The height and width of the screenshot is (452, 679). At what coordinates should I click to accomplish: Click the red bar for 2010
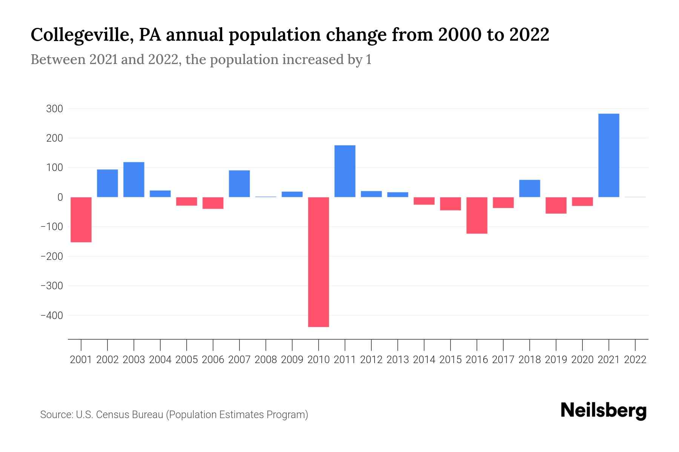(x=318, y=262)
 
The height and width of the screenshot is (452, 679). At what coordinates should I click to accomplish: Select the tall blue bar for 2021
(x=608, y=155)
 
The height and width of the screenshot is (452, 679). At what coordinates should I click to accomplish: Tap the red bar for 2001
(x=81, y=220)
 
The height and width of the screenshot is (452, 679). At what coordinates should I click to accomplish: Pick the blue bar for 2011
(x=345, y=171)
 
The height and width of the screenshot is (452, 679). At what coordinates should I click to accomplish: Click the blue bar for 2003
(x=134, y=179)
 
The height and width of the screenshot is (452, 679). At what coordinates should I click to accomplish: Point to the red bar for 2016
(x=477, y=215)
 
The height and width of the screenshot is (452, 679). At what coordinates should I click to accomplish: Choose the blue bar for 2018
(x=530, y=188)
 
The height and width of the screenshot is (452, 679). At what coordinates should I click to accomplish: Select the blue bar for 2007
(x=239, y=183)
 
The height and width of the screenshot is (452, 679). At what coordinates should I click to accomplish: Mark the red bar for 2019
(x=556, y=205)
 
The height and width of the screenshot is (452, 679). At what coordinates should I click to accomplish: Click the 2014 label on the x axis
(x=424, y=360)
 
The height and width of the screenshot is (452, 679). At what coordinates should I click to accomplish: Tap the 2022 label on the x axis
(x=635, y=360)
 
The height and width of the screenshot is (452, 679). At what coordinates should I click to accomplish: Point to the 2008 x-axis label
(x=266, y=360)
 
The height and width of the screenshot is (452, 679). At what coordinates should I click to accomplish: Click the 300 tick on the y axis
(x=54, y=109)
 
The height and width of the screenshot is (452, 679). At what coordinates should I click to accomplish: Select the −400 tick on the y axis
(x=52, y=315)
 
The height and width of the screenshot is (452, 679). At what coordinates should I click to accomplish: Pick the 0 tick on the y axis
(x=60, y=197)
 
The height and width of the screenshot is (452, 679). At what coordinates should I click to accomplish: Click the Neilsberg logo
(x=604, y=411)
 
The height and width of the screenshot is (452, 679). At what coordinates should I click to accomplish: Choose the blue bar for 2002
(x=108, y=183)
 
